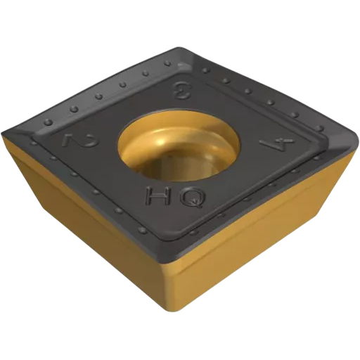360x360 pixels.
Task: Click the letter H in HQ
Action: point(157,195)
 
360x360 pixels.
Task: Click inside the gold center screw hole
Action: point(179,150)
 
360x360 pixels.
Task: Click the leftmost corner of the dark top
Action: point(3,134)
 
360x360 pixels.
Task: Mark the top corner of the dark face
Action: point(179,48)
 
